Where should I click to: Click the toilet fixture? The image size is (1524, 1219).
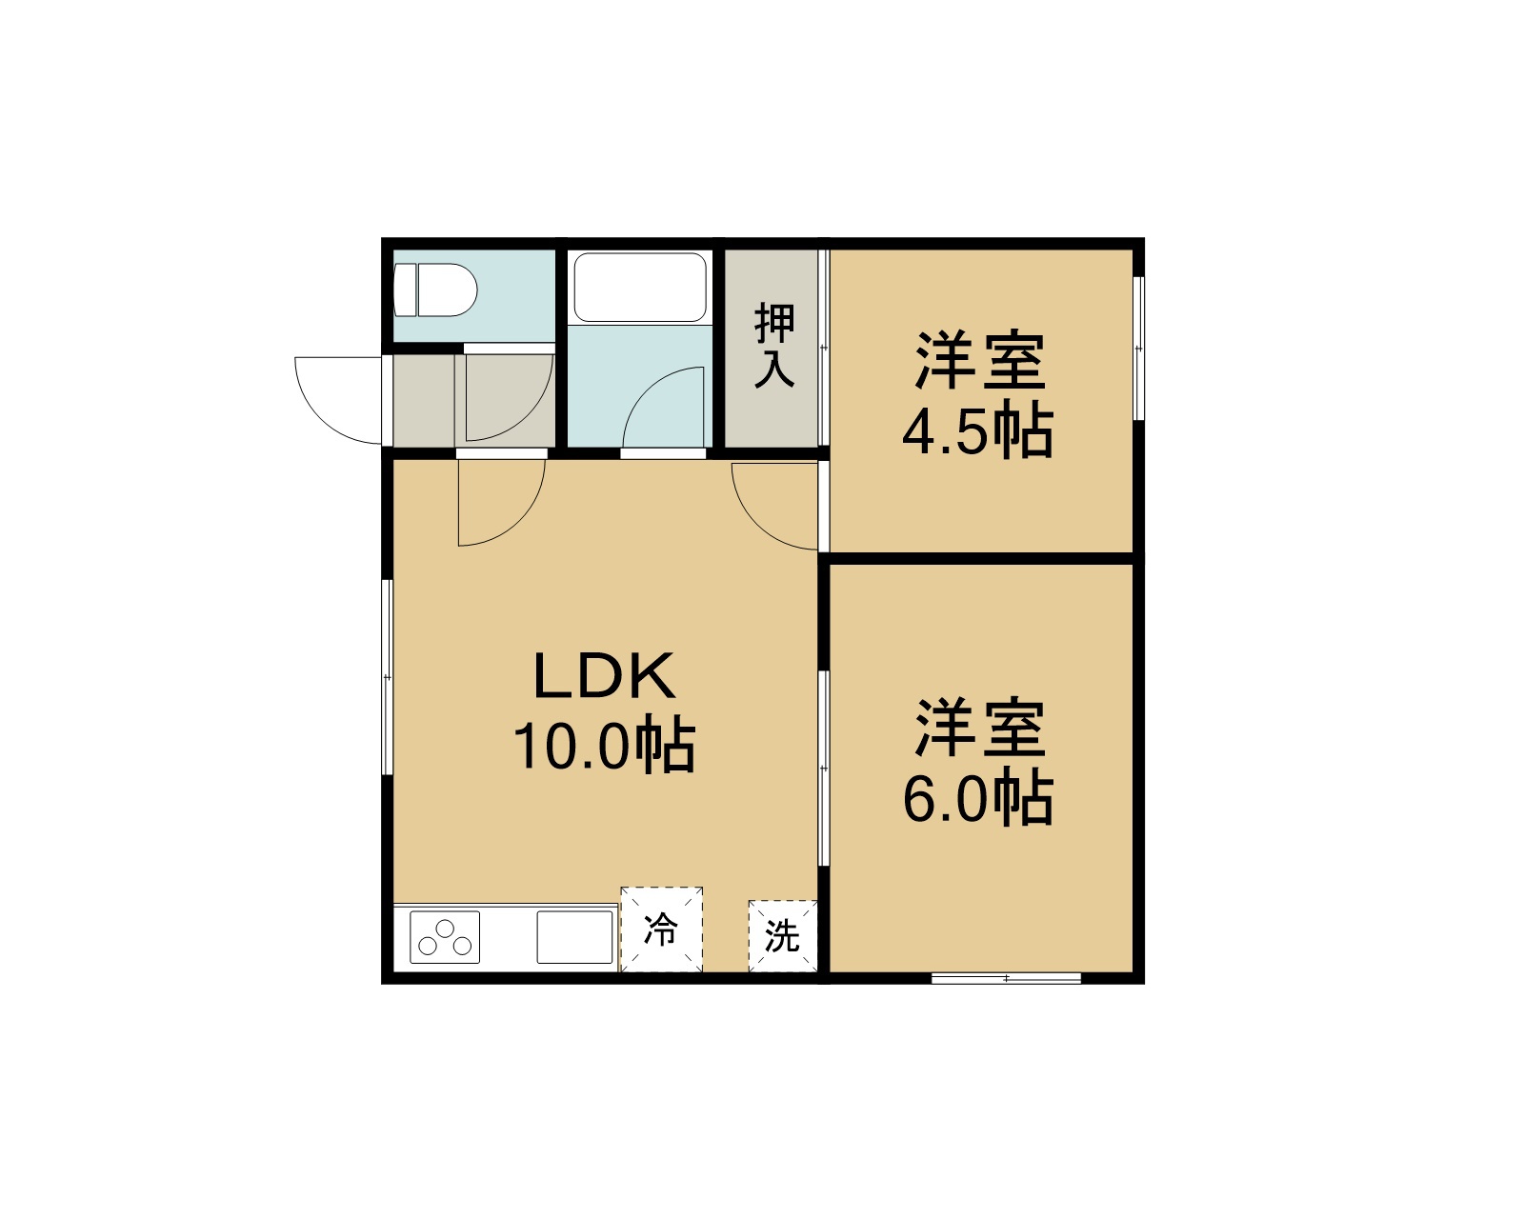[x=435, y=290]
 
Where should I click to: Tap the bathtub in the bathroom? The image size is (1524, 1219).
[x=640, y=288]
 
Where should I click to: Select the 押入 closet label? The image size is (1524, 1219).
[x=774, y=346]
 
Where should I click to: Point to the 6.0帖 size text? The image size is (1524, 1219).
[x=978, y=800]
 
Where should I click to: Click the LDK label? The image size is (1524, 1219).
[x=604, y=676]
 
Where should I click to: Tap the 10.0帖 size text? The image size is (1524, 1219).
[x=604, y=747]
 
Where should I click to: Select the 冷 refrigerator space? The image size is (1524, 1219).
[x=661, y=929]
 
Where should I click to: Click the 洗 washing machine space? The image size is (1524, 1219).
[x=783, y=936]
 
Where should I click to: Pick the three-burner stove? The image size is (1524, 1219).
[x=445, y=937]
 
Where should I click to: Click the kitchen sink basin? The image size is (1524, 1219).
[x=574, y=937]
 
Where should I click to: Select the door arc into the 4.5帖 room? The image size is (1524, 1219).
[x=758, y=524]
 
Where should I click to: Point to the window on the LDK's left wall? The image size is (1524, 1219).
[x=388, y=677]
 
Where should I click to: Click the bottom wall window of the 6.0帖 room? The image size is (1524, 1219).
[x=1007, y=978]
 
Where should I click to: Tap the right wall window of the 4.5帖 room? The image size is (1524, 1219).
[x=1138, y=349]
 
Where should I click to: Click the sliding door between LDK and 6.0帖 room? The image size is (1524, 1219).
[x=824, y=768]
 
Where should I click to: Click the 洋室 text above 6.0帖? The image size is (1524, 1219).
[x=981, y=728]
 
